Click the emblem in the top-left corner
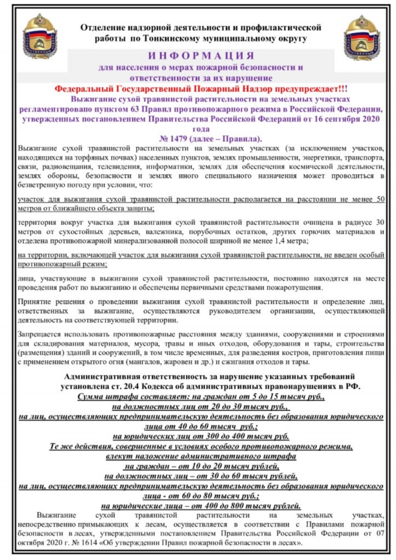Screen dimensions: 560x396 (40, 37)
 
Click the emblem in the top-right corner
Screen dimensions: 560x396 (361, 37)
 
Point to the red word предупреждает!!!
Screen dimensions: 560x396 (310, 89)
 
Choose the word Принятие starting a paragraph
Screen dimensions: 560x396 (35, 302)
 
